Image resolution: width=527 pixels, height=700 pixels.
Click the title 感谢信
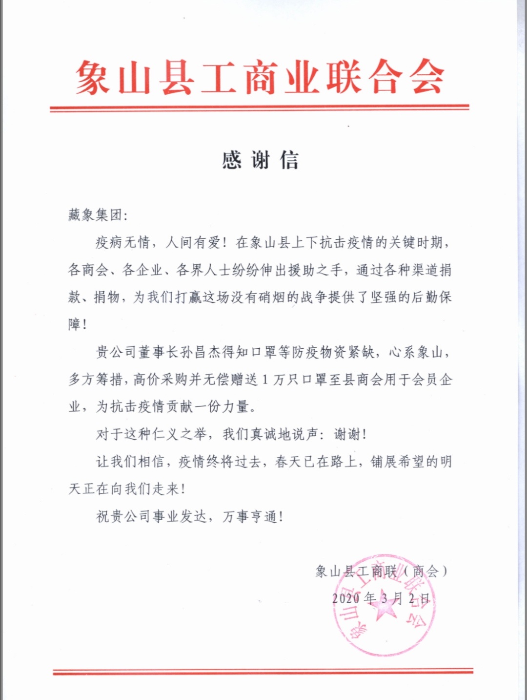[x=260, y=160]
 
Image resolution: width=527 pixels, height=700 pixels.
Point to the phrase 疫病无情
[x=122, y=242]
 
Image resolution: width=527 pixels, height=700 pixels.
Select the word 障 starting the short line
[x=75, y=324]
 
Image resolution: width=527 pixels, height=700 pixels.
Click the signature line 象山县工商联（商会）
[x=381, y=571]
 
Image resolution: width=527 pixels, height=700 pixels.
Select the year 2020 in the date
[x=346, y=598]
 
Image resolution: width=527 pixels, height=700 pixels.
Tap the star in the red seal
[x=384, y=607]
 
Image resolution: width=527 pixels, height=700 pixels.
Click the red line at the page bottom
[x=263, y=672]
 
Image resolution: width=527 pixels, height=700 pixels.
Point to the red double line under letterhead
[x=259, y=108]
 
